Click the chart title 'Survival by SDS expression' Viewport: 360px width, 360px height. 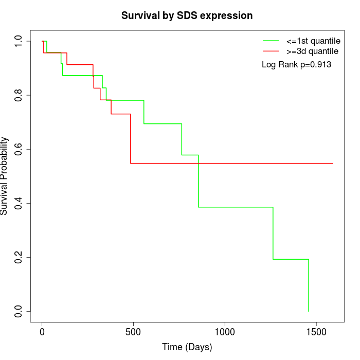click(187, 16)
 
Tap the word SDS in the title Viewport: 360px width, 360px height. click(187, 16)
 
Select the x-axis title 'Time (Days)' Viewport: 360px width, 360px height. click(187, 347)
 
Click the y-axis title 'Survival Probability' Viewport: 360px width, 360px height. click(5, 175)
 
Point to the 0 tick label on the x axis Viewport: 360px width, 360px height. click(42, 332)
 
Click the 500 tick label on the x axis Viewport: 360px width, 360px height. click(133, 332)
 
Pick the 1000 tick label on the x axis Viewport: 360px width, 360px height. click(225, 332)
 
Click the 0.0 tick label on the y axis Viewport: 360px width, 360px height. click(19, 311)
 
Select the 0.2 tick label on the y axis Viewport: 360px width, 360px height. click(19, 257)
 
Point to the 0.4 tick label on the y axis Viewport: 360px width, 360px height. click(19, 203)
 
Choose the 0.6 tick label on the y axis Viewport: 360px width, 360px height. click(19, 149)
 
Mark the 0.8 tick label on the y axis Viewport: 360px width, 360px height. click(19, 95)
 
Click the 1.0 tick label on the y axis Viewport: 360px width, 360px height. click(19, 41)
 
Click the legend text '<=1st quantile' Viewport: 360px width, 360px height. click(313, 40)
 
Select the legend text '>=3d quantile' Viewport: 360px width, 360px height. click(312, 51)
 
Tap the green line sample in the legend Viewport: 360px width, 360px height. click(271, 40)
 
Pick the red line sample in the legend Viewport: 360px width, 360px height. click(271, 51)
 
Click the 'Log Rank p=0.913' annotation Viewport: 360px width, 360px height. click(296, 65)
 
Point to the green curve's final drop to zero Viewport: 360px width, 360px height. click(309, 285)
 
